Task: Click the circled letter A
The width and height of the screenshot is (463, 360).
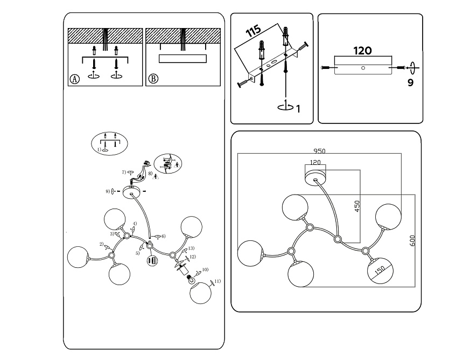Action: (75, 78)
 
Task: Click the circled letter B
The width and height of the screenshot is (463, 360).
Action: (153, 78)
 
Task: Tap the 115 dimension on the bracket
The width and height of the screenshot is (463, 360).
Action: (254, 31)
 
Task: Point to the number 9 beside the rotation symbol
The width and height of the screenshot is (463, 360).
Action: (411, 83)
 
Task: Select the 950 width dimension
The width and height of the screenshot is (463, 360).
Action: (320, 151)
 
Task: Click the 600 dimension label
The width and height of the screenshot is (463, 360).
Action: (412, 240)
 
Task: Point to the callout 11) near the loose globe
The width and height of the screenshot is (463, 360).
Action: (218, 281)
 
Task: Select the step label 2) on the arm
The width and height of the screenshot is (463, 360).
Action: (101, 244)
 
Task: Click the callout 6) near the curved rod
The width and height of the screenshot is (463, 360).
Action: (163, 236)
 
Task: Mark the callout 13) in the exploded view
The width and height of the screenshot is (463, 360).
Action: (192, 248)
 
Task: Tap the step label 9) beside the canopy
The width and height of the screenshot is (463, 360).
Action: (108, 191)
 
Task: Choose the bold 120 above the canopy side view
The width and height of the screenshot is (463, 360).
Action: (362, 51)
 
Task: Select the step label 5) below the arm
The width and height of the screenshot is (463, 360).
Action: (137, 253)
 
